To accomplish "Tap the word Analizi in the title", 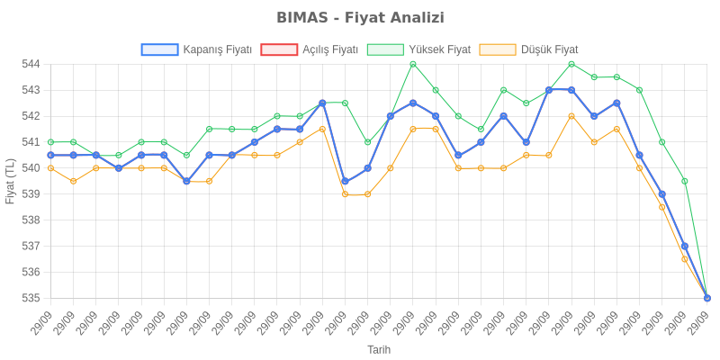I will [x=414, y=18].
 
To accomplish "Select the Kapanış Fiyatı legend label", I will [x=217, y=49].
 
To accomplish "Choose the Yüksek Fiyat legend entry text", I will [x=439, y=49].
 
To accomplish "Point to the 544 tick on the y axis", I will [x=31, y=65].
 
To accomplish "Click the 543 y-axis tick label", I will [x=31, y=91].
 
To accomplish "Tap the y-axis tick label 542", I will [x=31, y=116].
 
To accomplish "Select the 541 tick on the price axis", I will [x=31, y=142].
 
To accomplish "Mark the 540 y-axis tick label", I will [x=31, y=168].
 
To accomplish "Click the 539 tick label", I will [x=31, y=194].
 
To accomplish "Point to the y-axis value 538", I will [x=31, y=220].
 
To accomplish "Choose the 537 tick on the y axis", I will [x=31, y=246].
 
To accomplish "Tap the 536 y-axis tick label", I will [x=31, y=272].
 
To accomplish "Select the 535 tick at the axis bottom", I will [x=31, y=298].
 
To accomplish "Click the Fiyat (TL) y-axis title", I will [x=10, y=181].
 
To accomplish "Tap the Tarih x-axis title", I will [x=378, y=349].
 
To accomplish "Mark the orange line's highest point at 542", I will [x=571, y=116].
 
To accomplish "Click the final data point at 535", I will [x=707, y=298].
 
